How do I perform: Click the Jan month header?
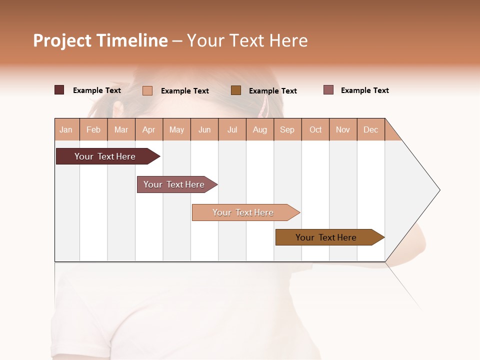point(66,129)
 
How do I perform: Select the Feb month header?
point(93,129)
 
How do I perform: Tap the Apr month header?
point(149,129)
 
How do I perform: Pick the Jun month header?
point(204,129)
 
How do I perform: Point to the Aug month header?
point(260,129)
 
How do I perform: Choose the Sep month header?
point(287,129)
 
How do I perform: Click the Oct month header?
point(315,129)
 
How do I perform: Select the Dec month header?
point(371,129)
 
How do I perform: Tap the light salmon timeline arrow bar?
point(244,212)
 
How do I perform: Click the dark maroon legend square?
point(59,90)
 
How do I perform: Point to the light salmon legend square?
point(147,90)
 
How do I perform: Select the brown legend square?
point(236,90)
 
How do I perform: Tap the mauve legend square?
point(328,90)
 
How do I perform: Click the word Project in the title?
point(62,40)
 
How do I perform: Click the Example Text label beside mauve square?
point(364,90)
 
